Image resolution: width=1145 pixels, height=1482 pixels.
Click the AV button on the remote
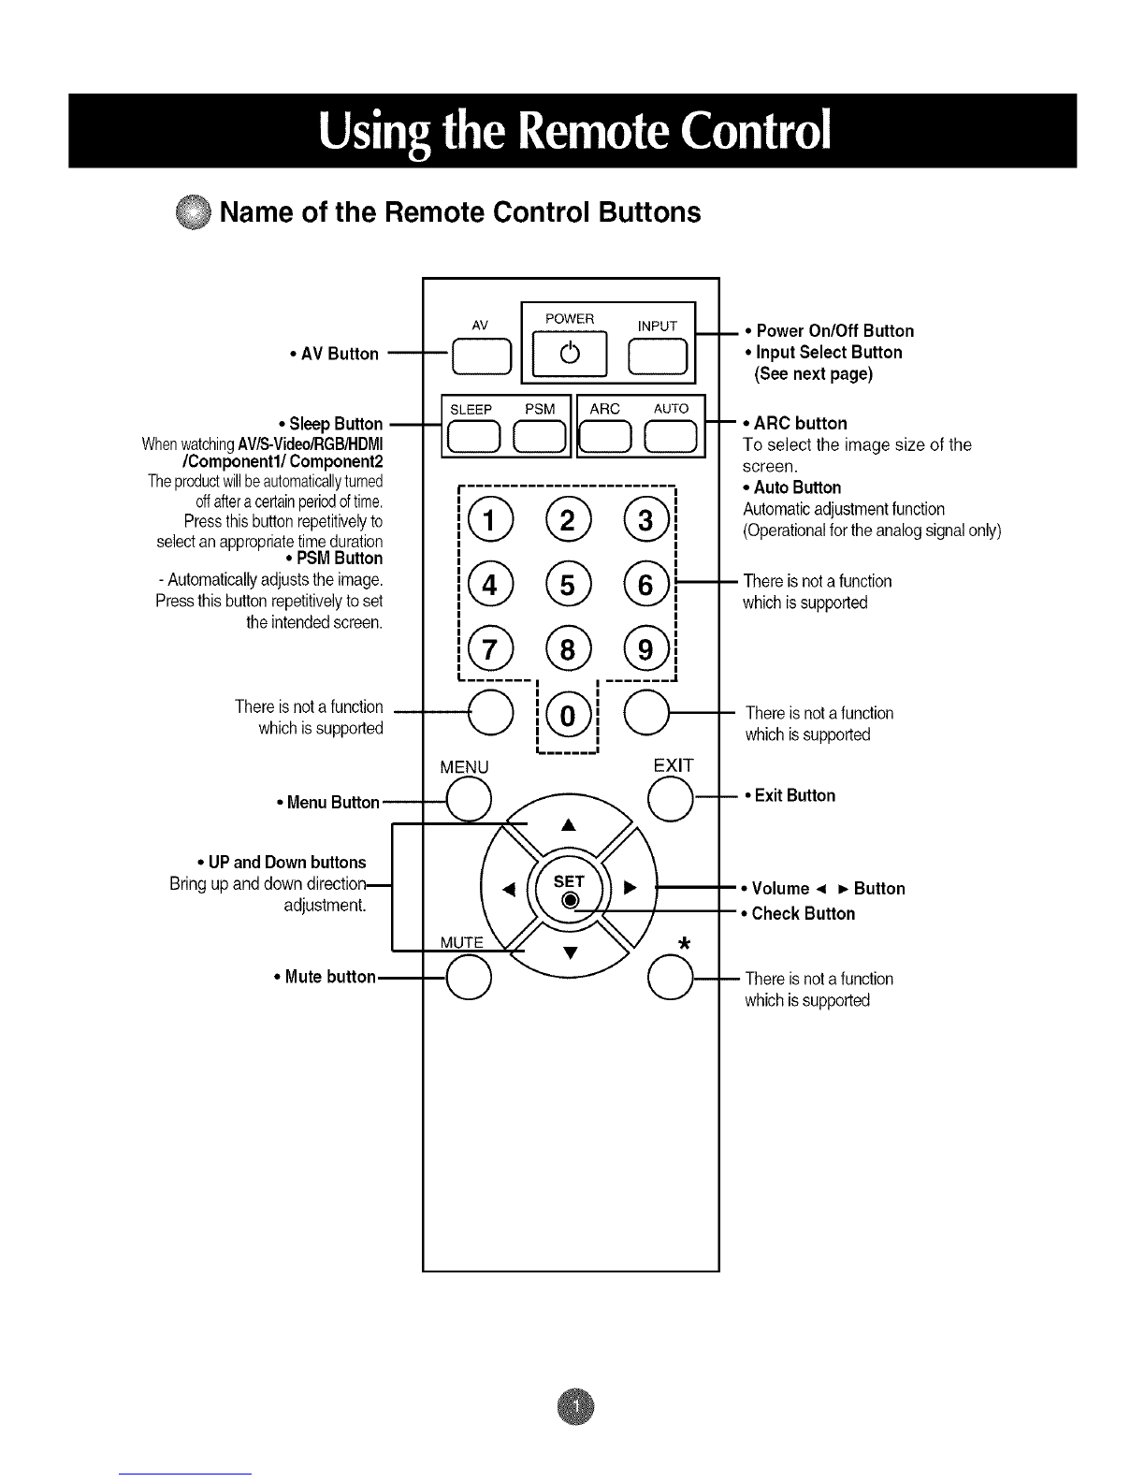pos(482,356)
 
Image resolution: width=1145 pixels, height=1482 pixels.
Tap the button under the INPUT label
pos(658,356)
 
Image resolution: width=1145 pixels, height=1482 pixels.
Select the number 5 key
pos(568,585)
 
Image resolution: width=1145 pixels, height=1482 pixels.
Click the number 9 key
pos(645,648)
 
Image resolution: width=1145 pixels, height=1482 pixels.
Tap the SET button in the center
pos(570,887)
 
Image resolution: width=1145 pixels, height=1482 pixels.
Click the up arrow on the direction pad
pos(569,825)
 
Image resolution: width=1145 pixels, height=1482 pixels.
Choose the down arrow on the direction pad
pos(571,952)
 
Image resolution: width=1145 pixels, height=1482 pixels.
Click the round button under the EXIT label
pos(671,798)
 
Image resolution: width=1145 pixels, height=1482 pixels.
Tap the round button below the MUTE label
pos(469,977)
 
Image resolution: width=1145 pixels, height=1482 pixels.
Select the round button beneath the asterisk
pos(671,977)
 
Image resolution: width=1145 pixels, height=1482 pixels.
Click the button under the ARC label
pos(605,437)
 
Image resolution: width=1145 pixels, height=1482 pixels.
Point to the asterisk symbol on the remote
pos(685,943)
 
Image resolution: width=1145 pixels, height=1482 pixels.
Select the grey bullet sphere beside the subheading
pos(193,212)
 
